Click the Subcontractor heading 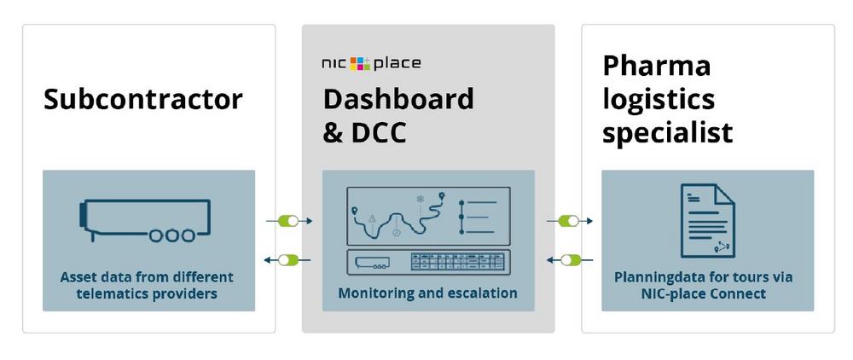click(143, 100)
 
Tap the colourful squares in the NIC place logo click(360, 64)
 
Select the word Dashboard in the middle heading click(398, 100)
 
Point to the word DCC click(380, 133)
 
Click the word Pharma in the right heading click(657, 67)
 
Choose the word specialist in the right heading click(668, 133)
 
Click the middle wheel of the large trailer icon click(172, 235)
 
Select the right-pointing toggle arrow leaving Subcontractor click(289, 221)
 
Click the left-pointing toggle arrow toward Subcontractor click(287, 260)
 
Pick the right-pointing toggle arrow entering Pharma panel click(570, 221)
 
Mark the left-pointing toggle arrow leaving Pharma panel click(571, 260)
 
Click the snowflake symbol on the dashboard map click(420, 199)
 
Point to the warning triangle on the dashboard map click(372, 218)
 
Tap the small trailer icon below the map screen click(372, 263)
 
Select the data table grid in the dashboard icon click(457, 262)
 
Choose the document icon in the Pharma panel click(708, 220)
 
